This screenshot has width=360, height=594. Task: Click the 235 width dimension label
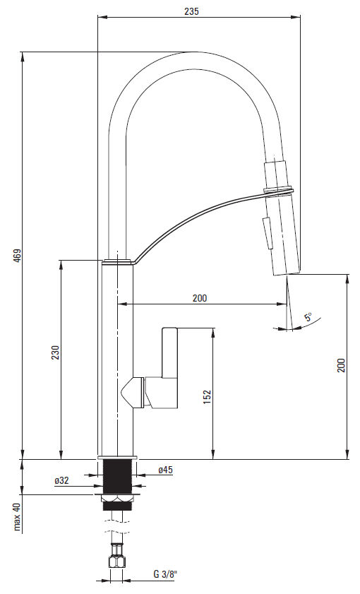coord(191,11)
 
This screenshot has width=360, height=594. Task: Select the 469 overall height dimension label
coord(18,256)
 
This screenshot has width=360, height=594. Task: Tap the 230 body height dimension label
coord(56,352)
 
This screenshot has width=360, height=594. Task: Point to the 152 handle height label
coord(207,397)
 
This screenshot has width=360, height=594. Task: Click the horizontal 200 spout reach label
coord(200,298)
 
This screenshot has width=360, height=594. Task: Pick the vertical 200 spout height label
coord(342,365)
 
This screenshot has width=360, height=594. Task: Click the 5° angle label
coord(308,316)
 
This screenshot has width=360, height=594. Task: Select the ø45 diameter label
coord(165,470)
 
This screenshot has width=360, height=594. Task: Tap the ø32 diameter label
coord(61,480)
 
